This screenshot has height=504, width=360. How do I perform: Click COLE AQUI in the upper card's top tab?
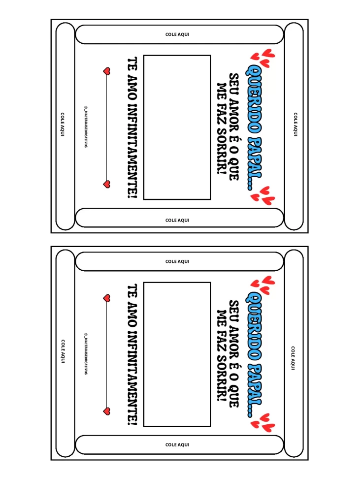(177, 34)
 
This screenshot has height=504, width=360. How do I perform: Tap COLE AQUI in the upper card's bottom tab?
(177, 220)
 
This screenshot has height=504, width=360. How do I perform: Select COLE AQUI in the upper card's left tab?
(63, 124)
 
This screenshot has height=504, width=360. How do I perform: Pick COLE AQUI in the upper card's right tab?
(295, 124)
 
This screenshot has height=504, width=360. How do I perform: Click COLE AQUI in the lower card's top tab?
(177, 261)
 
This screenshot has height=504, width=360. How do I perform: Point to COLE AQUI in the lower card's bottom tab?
(177, 444)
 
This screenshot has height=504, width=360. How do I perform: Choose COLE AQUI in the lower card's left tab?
(63, 351)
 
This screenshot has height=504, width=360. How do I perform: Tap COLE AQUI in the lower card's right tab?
(293, 358)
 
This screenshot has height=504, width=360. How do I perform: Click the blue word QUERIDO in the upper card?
(254, 99)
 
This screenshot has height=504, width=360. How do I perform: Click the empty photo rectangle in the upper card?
(177, 127)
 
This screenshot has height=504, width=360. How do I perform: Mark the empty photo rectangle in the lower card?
(177, 354)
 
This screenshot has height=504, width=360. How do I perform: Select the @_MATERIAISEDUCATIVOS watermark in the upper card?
(86, 126)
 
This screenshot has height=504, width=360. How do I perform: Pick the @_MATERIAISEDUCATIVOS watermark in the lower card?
(86, 353)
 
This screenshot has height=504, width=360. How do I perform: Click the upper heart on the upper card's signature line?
(107, 71)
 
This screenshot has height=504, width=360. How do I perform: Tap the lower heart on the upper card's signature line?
(107, 184)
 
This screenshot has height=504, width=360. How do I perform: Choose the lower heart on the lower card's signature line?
(107, 411)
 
